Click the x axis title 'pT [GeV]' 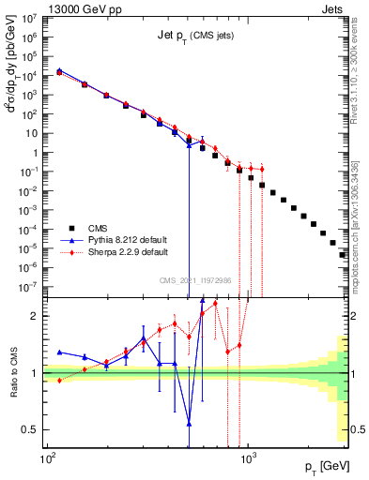[x=325, y=466]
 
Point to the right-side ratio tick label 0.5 [x=358, y=429]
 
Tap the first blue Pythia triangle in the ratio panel [x=60, y=352]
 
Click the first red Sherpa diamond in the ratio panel [x=60, y=380]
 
